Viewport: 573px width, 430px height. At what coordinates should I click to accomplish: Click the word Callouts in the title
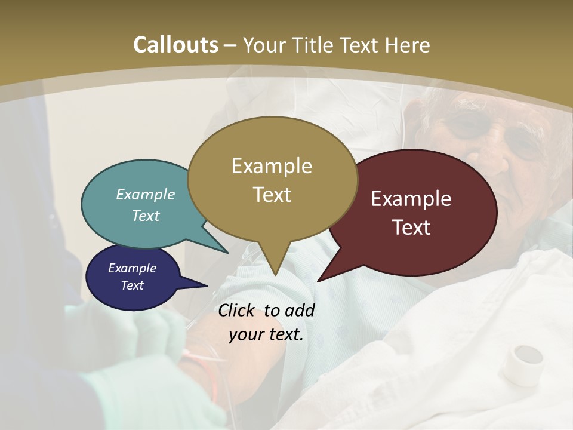[175, 45]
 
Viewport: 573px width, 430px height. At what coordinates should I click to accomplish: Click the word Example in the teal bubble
[146, 195]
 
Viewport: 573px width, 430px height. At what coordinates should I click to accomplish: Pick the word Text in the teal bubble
[146, 216]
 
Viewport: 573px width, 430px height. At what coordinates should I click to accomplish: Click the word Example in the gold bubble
[272, 166]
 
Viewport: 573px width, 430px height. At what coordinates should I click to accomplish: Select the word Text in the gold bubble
[272, 195]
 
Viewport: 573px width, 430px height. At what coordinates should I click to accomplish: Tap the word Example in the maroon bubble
[411, 199]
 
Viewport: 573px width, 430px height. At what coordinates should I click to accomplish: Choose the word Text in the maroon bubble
[411, 228]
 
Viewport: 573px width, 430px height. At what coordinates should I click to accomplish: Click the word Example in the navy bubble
[132, 268]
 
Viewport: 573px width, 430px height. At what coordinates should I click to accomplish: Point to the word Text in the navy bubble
[132, 285]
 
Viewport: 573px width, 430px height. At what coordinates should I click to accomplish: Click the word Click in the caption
[238, 310]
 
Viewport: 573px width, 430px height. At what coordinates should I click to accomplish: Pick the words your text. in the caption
[266, 334]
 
